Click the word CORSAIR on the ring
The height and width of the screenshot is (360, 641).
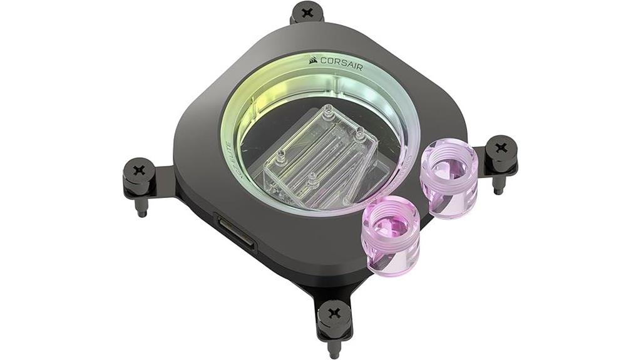341,62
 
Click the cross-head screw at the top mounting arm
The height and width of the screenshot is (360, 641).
307,11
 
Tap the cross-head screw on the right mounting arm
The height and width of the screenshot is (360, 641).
501,148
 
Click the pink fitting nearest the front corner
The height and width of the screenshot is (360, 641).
391,239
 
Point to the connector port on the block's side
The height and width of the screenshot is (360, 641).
235,234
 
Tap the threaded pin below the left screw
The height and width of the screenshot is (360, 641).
141,206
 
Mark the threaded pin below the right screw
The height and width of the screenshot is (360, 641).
500,185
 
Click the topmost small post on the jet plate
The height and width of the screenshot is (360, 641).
326,115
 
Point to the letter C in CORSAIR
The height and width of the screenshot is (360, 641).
324,61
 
